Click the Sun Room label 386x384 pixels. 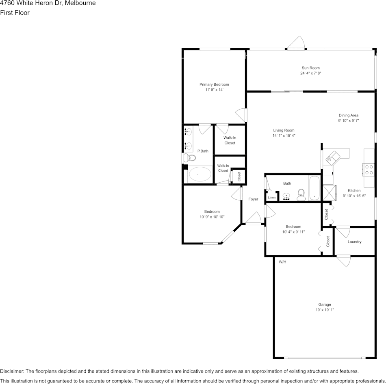click(310, 68)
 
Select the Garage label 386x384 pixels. click(324, 304)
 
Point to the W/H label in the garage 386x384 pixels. click(282, 262)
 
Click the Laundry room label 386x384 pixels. click(354, 242)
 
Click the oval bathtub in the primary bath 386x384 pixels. click(200, 175)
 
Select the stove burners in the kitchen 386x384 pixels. click(369, 169)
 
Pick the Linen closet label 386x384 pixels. click(271, 198)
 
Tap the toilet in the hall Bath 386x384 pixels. click(301, 194)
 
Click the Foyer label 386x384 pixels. click(253, 199)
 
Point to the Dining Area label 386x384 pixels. click(349, 115)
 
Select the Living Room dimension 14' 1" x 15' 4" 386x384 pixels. click(284, 136)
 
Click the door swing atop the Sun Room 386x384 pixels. click(296, 43)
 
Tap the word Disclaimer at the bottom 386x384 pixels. click(12, 371)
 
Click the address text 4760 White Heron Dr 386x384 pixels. click(30, 3)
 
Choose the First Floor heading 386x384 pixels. click(15, 13)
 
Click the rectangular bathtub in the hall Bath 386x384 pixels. click(314, 188)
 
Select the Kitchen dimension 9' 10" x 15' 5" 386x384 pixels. click(354, 196)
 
